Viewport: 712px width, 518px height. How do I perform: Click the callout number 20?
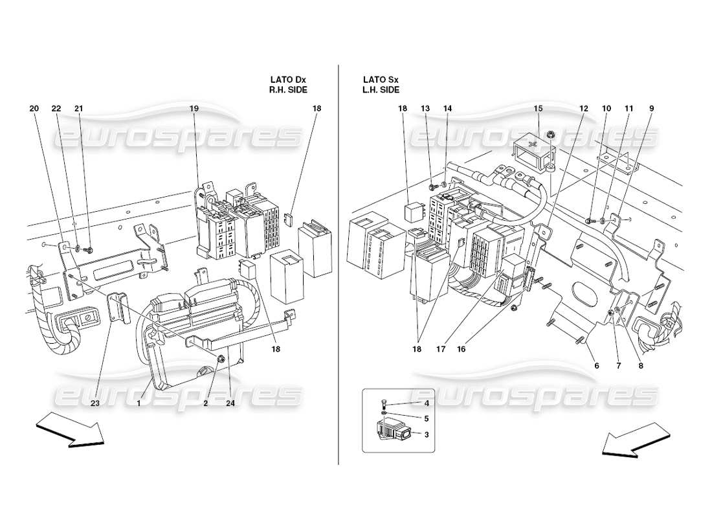[34, 108]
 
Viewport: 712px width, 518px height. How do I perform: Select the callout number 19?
[194, 108]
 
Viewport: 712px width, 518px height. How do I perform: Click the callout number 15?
[539, 108]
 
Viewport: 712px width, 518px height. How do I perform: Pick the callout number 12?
[584, 108]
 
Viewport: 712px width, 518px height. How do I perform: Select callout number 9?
[651, 108]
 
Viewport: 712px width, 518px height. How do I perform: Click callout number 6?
[597, 365]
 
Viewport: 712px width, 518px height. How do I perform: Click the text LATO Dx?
[289, 80]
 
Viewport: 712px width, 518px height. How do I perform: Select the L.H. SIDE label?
[382, 90]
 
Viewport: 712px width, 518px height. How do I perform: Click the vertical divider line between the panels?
[339, 259]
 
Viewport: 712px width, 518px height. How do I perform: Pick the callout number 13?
[425, 108]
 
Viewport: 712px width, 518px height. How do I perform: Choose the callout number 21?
[79, 108]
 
